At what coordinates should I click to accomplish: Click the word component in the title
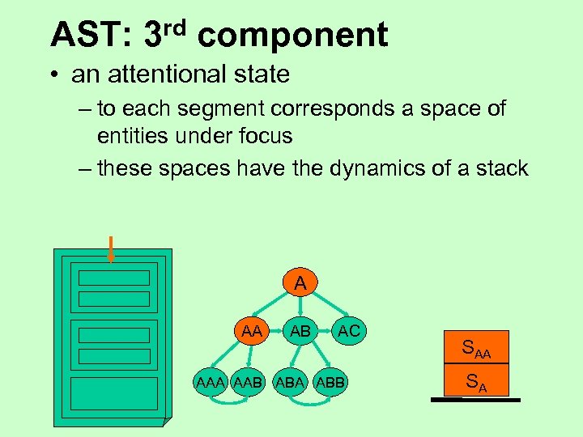292,36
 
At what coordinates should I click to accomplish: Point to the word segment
231,109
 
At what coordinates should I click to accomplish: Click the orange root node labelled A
300,284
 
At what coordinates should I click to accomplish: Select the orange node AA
253,330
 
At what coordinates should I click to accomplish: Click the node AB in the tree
300,330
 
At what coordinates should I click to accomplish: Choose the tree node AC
349,330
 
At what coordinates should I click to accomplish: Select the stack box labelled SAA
476,349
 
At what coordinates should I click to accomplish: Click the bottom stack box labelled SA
476,381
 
